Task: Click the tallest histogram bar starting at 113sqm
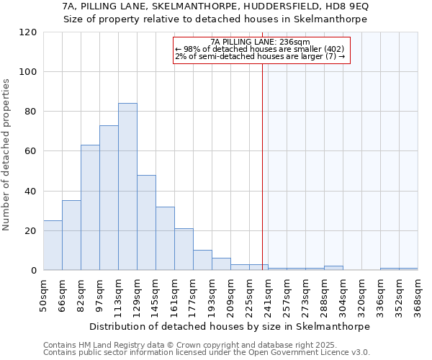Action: (127, 187)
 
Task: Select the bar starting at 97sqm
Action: (109, 198)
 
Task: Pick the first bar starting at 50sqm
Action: (53, 246)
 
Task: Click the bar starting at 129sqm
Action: (146, 222)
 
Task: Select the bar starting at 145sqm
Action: (165, 238)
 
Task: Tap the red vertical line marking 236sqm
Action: (262, 180)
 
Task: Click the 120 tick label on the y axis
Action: (28, 32)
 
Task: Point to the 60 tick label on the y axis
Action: (31, 151)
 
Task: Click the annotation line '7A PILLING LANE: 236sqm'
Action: (260, 42)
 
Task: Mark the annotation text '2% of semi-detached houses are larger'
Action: (260, 56)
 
